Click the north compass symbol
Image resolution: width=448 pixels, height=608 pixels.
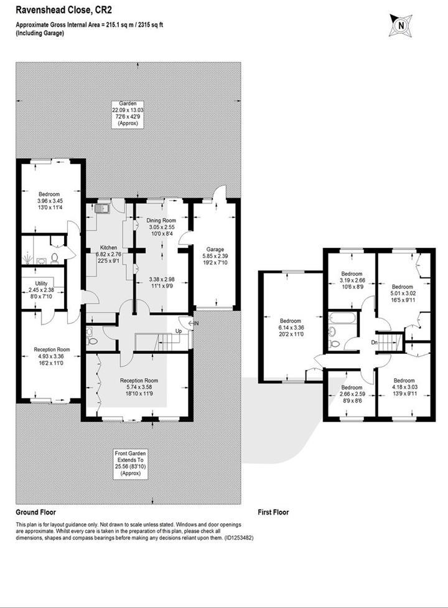click(x=400, y=26)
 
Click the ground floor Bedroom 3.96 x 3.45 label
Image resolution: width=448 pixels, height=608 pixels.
click(x=49, y=199)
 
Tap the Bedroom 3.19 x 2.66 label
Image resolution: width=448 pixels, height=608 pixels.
click(x=352, y=278)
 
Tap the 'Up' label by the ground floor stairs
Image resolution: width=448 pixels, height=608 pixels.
click(x=179, y=331)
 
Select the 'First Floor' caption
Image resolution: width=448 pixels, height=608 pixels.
click(x=273, y=512)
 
